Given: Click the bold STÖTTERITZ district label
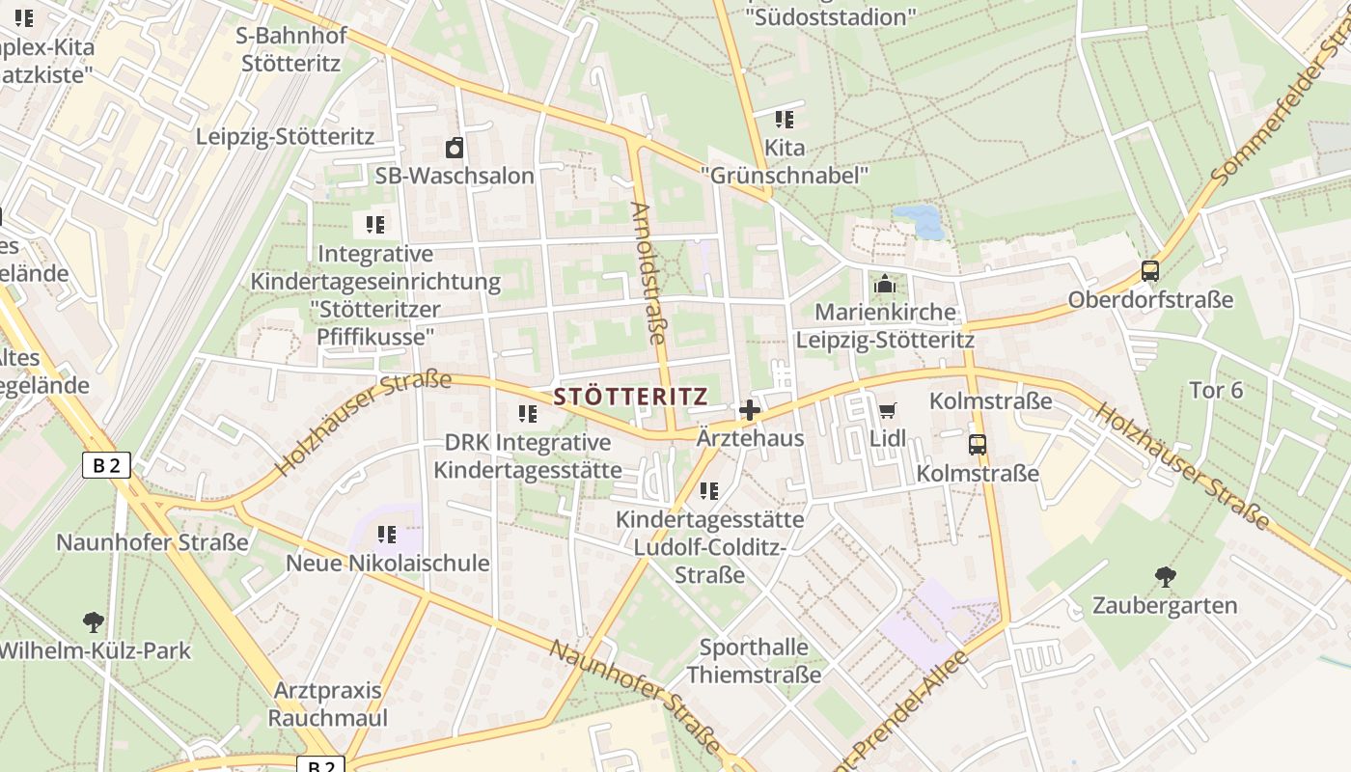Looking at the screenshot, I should coord(631,397).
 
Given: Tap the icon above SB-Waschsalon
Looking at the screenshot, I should coord(455,148).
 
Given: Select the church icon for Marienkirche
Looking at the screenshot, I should coord(884,285).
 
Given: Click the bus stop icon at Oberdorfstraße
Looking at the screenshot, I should coord(1149,271).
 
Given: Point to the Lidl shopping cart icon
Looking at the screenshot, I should coord(888,410).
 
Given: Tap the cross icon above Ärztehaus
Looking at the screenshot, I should coord(750,410).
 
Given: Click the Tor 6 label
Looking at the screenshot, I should coord(1216,391).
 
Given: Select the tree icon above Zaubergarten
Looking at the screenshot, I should coord(1165,577).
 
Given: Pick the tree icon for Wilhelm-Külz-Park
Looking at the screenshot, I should coord(94,621).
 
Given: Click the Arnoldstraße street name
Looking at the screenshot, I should coord(648,272).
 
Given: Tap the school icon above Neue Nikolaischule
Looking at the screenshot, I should coord(387,534).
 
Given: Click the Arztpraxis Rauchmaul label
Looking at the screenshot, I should coord(327,704).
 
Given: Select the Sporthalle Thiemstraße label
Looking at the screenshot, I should coord(754,660).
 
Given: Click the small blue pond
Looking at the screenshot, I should coord(919,221).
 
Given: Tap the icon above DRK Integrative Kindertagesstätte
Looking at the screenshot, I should coord(528,414).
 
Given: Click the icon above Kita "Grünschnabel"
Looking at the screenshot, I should coord(785,120).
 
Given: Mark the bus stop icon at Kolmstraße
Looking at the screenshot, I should coord(978,445).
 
